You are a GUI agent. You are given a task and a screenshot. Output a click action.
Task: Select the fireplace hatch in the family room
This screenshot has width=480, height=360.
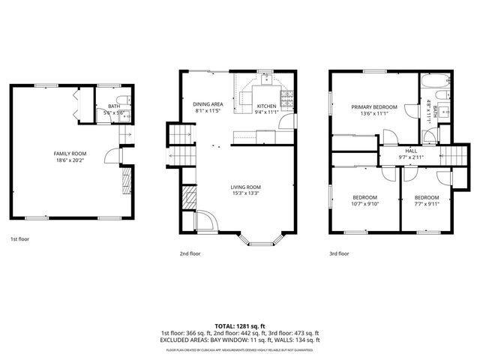(x=126, y=181)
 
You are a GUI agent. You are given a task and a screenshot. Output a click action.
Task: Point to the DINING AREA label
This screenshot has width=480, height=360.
(x=208, y=104)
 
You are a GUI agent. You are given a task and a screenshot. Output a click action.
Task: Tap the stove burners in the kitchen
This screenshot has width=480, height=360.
(x=286, y=98)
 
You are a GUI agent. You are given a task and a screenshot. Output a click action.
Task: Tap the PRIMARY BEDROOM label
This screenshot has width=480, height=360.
(x=374, y=107)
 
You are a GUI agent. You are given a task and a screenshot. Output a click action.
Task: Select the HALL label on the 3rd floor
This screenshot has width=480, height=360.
(x=412, y=151)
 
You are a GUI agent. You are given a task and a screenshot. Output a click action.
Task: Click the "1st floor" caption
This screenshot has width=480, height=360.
(x=19, y=239)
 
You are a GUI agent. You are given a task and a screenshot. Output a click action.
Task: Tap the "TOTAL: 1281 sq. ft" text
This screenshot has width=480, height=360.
(x=239, y=325)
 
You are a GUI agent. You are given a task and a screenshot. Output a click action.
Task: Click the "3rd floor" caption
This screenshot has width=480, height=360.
(x=339, y=253)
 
